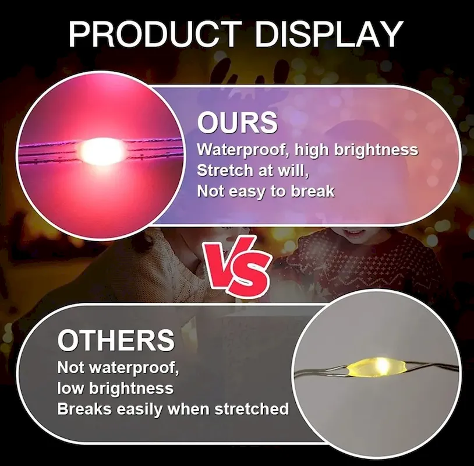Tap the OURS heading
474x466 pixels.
click(238, 122)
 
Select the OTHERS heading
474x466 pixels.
click(116, 340)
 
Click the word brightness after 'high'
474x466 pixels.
click(376, 150)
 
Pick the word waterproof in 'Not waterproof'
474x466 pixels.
click(134, 368)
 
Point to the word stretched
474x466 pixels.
click(252, 409)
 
